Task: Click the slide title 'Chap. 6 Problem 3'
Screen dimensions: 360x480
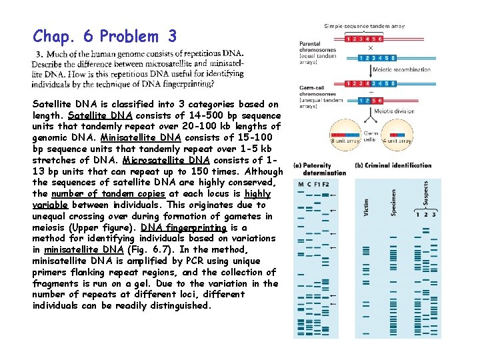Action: coord(105,36)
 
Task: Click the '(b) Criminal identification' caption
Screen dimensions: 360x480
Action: coord(394,166)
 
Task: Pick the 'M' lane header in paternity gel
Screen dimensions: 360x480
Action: coord(301,184)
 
